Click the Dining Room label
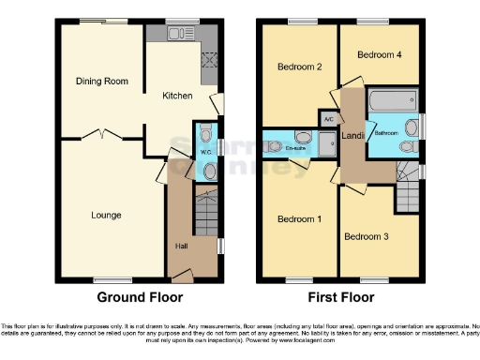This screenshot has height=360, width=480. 101,82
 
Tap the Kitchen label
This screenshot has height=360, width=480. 177,96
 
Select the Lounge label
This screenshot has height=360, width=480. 106,216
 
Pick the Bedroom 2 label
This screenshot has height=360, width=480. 300,67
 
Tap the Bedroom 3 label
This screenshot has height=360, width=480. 366,236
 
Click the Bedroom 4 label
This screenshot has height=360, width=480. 379,55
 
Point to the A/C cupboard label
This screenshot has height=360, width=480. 328,120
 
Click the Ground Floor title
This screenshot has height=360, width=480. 139,297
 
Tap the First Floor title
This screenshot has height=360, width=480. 341,297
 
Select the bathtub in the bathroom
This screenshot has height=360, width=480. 394,99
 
